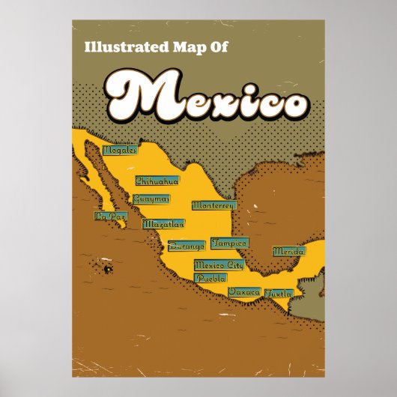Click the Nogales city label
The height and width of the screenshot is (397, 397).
pos(121,150)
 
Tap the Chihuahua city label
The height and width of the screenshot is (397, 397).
pos(157,181)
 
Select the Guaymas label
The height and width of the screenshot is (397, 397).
pos(151,198)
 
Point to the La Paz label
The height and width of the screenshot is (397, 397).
pos(109,216)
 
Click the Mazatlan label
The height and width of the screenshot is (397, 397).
pos(163,223)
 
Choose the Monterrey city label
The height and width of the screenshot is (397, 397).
pos(213,204)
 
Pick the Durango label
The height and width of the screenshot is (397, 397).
pos(186,245)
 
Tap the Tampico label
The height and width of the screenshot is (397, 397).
pos(228,243)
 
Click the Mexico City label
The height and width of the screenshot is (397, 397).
pos(219,264)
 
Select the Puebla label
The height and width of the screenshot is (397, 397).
pos(210,278)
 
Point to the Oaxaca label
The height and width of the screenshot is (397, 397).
pos(244,291)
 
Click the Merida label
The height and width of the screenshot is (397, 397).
pos(288,252)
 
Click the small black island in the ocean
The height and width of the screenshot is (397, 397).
pos(108,268)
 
